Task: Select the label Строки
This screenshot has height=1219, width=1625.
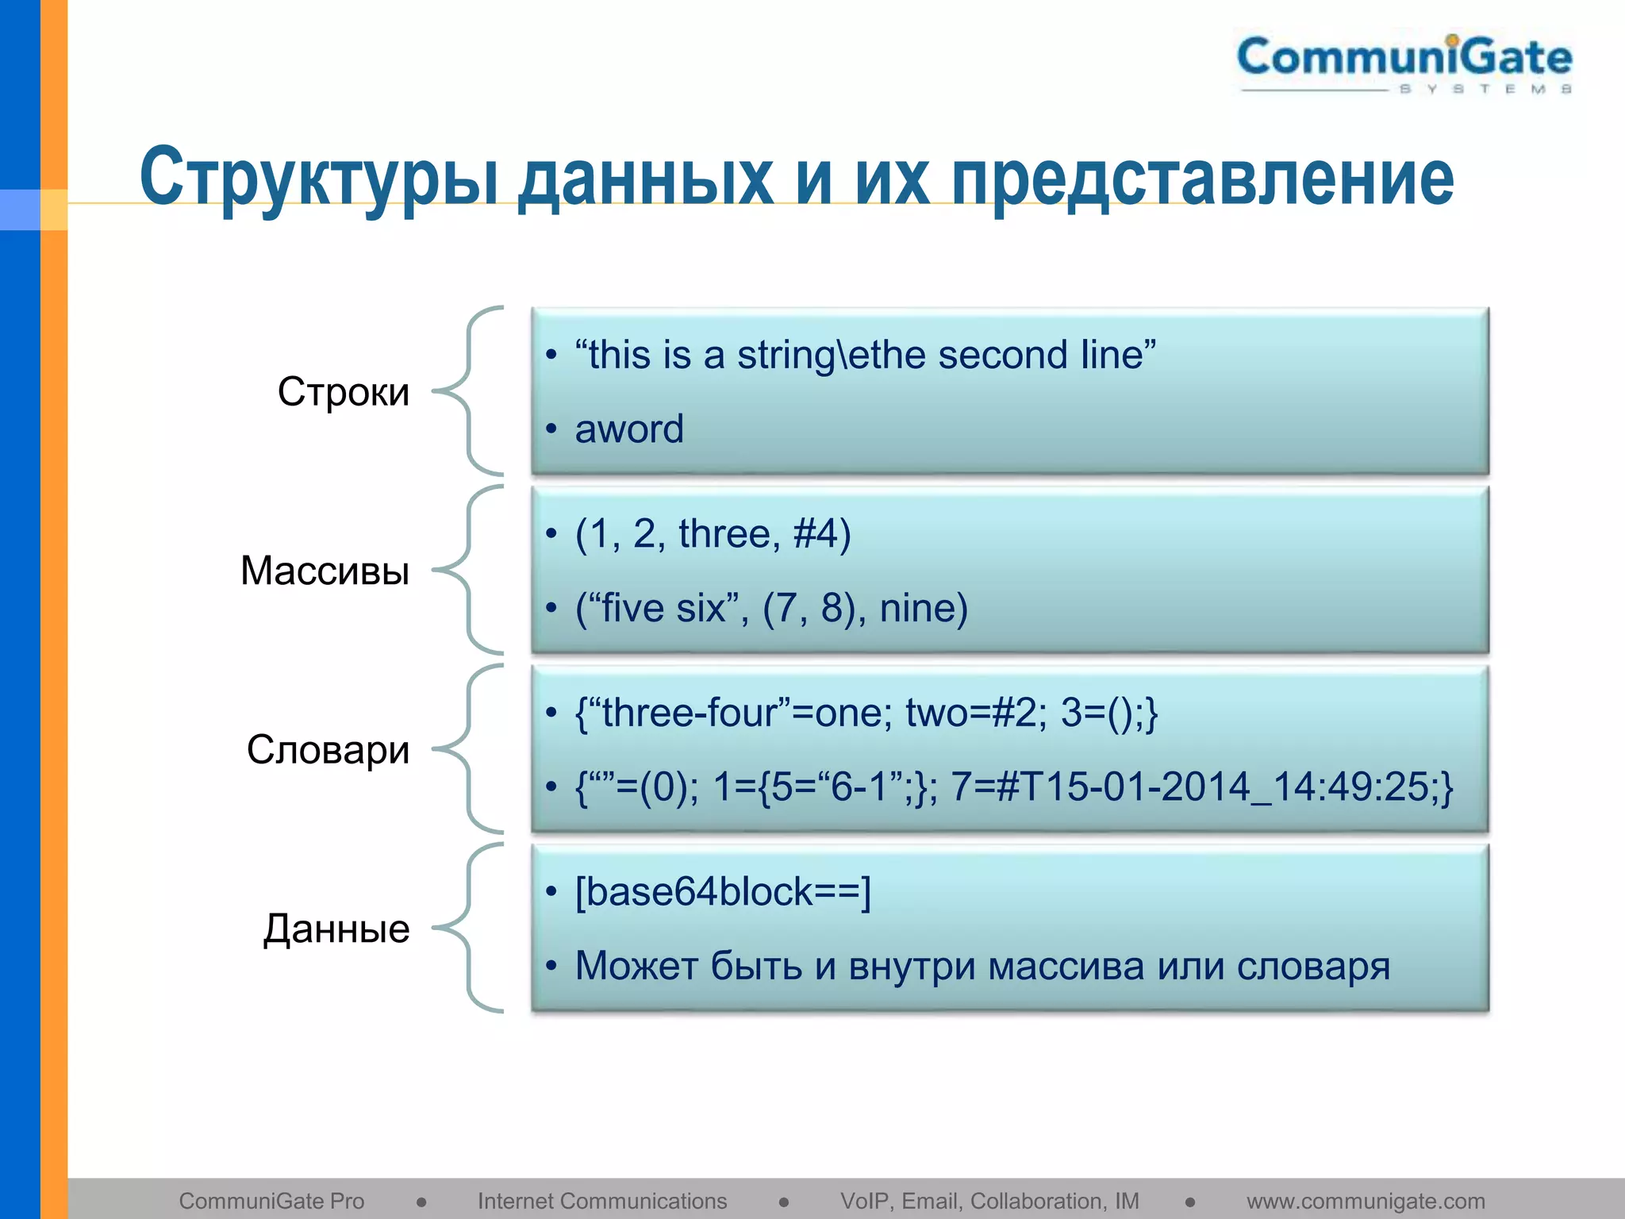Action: (344, 392)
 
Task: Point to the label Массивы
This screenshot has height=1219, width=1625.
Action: (325, 571)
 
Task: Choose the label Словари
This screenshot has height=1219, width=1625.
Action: (328, 750)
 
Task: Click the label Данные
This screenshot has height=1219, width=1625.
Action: (336, 929)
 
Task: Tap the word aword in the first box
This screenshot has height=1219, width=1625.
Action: (629, 429)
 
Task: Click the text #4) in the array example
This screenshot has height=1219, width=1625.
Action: (822, 533)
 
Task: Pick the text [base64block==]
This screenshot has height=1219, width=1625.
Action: (723, 891)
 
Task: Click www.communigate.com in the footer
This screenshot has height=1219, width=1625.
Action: (1366, 1202)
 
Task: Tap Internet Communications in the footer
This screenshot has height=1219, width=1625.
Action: (602, 1202)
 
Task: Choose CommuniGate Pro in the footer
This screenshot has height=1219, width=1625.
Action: (271, 1202)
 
